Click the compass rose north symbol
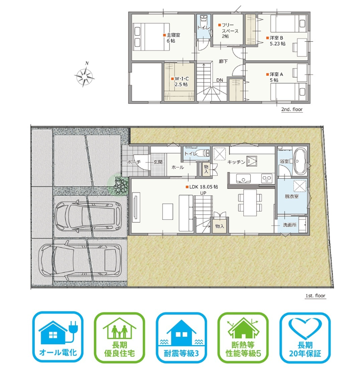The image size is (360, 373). click(85, 76)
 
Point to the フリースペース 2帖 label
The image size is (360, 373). click(228, 31)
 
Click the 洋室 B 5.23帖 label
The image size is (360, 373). click(276, 41)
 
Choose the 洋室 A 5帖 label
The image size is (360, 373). click(275, 77)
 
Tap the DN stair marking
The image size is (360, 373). click(220, 80)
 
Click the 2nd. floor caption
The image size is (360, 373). click(292, 109)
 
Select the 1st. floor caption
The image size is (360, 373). click(316, 296)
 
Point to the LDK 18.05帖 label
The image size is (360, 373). click(202, 187)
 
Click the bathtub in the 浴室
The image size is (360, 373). click(300, 161)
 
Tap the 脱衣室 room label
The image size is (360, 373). click(291, 196)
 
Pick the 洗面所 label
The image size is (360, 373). click(290, 225)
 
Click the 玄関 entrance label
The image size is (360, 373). click(158, 162)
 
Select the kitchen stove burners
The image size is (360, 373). click(266, 179)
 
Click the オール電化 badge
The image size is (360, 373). click(58, 337)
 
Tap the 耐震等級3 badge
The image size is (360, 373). click(181, 338)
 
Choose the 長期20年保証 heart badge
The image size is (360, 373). click(305, 338)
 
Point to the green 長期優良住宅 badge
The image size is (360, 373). click(120, 338)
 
